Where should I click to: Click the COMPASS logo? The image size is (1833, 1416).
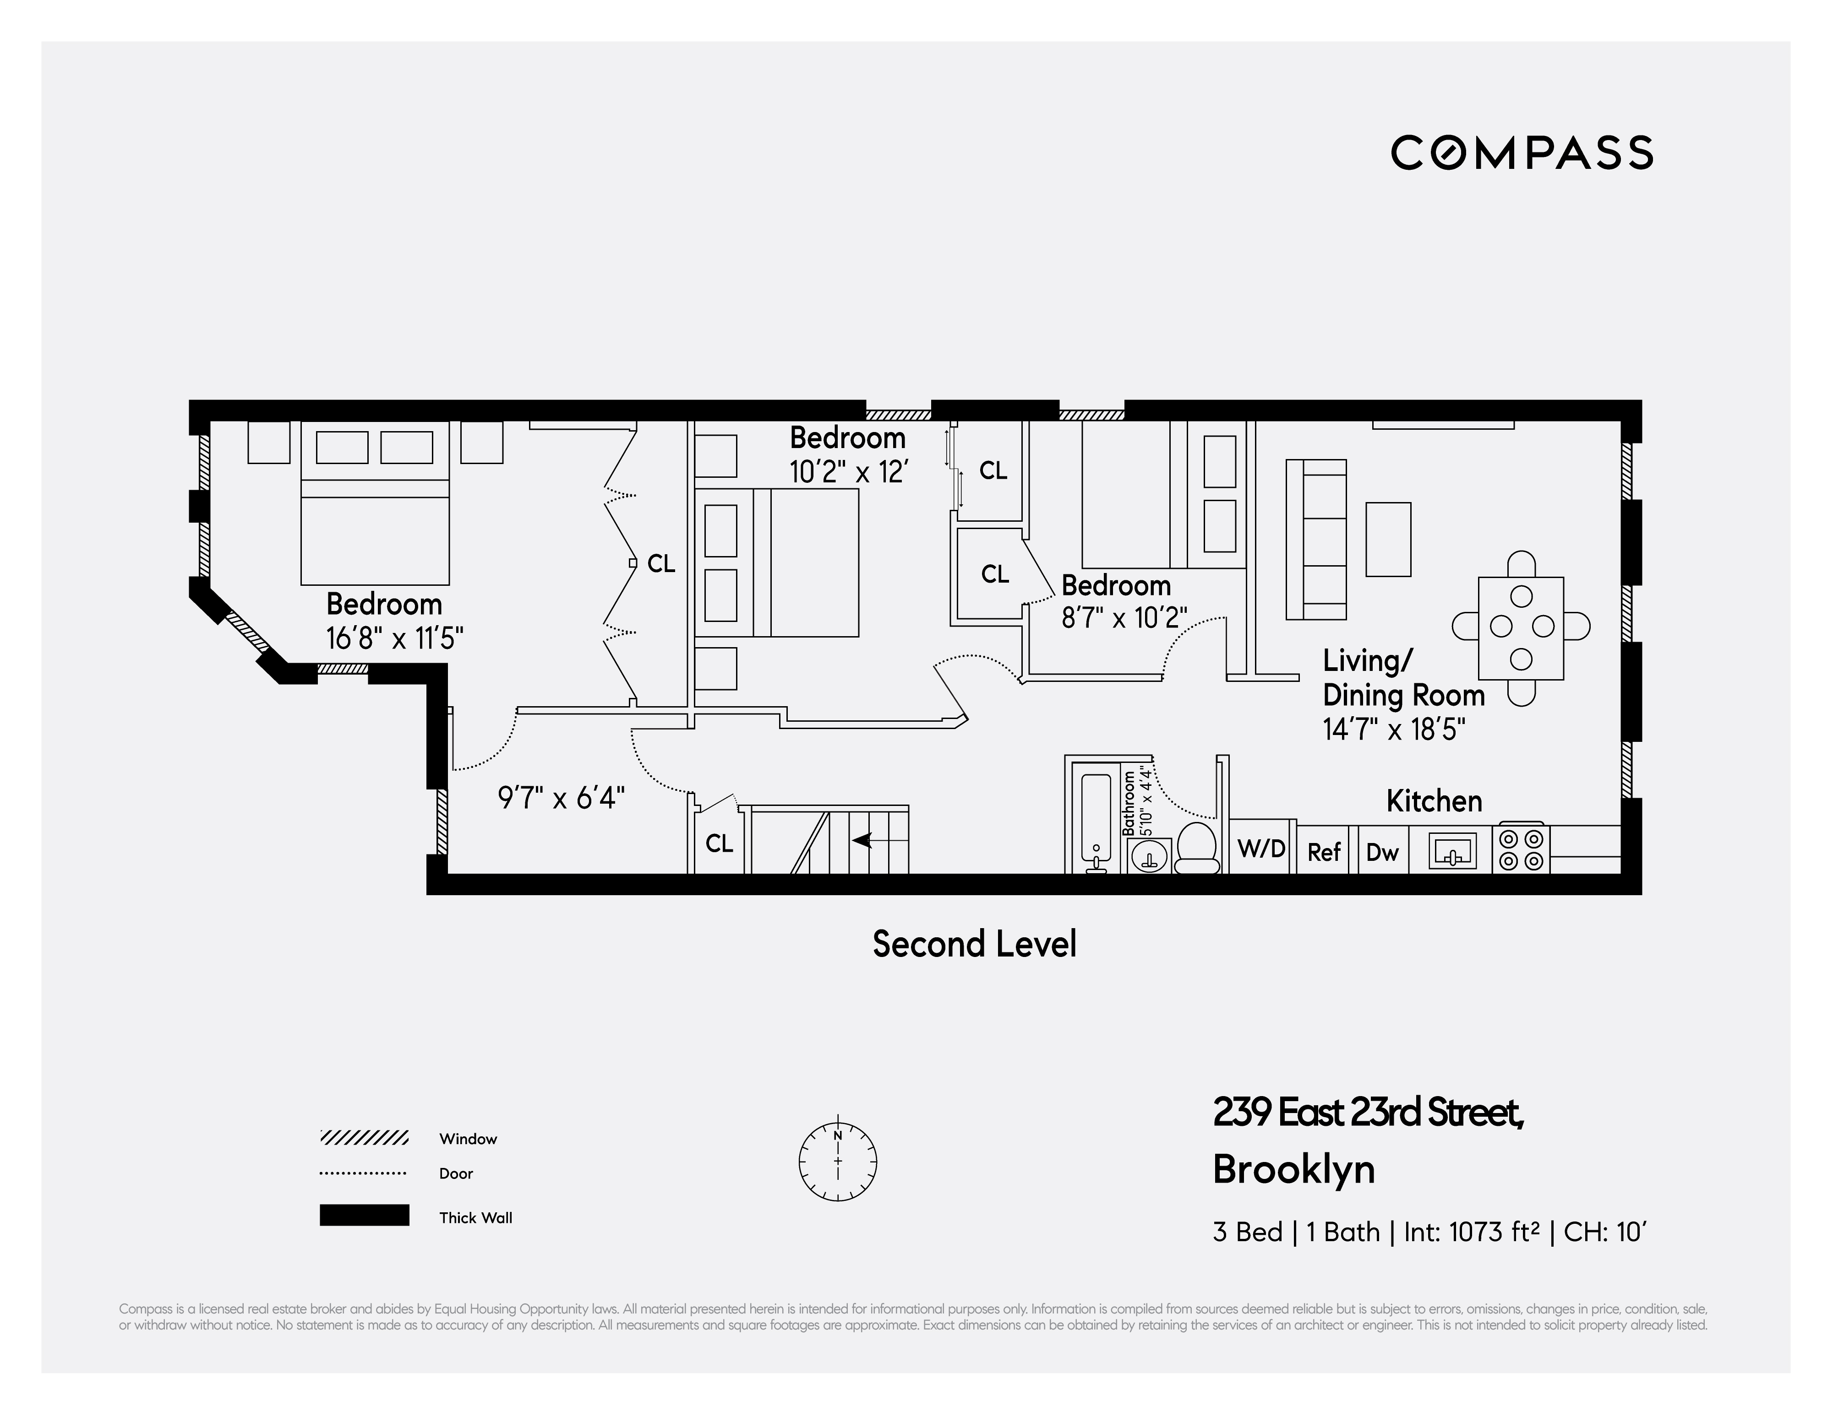pos(1521,153)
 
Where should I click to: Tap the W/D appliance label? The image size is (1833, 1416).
pos(1261,849)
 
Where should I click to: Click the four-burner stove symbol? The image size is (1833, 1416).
pos(1521,849)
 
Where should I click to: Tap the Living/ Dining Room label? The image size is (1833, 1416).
pos(1403,678)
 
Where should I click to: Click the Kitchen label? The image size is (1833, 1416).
pos(1434,801)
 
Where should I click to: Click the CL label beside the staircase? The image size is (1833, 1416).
pos(719,843)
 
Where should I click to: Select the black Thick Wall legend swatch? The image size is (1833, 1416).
pos(364,1216)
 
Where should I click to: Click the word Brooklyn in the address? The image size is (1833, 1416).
pos(1293,1169)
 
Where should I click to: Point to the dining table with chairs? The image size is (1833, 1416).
pos(1521,627)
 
